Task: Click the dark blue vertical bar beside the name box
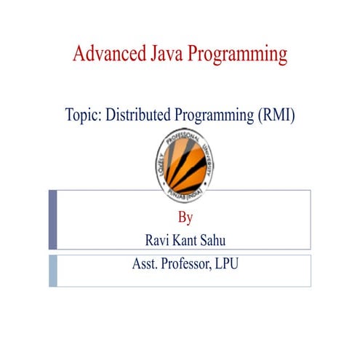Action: (x=52, y=220)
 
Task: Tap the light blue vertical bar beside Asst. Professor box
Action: (x=52, y=270)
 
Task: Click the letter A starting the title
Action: (x=79, y=54)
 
